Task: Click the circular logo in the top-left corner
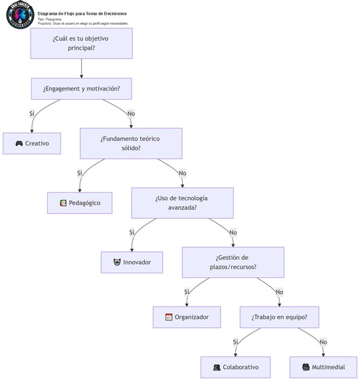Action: point(19,15)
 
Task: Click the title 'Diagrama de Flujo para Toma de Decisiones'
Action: point(82,13)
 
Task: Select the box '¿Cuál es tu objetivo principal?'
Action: point(81,43)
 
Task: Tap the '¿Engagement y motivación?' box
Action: point(81,88)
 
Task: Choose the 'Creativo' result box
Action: point(32,144)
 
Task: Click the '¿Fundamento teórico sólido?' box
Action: point(131,143)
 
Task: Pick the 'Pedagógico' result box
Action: point(80,203)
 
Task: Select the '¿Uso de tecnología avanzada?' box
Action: point(182,203)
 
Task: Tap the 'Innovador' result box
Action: point(132,262)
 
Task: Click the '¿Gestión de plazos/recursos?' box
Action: point(232,262)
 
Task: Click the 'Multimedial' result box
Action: point(323,367)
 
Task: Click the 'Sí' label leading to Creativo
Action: point(31,114)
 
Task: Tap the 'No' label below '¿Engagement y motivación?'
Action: point(131,114)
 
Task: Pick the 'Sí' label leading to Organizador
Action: point(187,292)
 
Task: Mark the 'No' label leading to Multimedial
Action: point(323,342)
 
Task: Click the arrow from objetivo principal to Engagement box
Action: point(81,68)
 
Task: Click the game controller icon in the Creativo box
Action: point(19,144)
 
